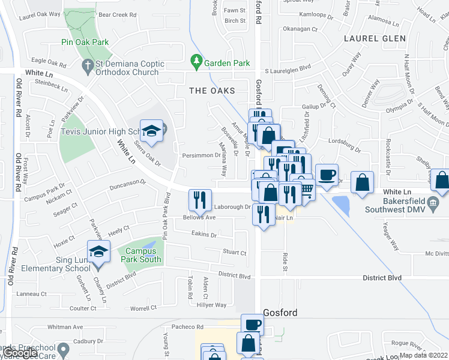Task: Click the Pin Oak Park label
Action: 85,43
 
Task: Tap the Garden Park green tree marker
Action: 196,61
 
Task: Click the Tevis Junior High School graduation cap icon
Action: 151,131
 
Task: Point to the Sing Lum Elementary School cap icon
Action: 98,251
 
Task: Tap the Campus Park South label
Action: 139,254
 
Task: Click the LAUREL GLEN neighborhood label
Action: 370,38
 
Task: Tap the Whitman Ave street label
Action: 65,327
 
